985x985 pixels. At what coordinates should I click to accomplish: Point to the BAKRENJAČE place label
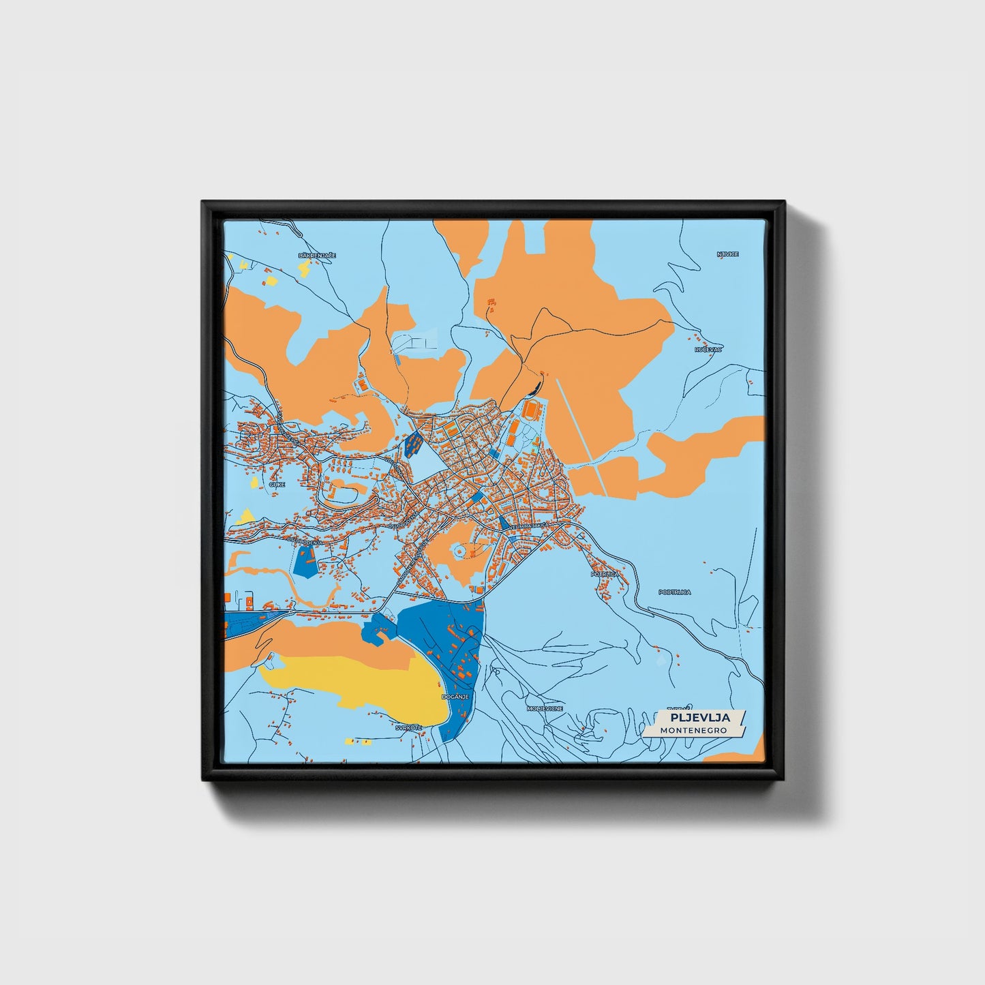pos(318,255)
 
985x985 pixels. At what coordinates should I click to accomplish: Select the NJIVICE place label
pos(727,254)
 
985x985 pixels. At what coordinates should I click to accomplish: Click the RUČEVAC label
pos(708,349)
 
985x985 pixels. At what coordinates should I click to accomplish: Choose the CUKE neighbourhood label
pos(277,484)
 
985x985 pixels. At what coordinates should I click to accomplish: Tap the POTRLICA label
pos(605,575)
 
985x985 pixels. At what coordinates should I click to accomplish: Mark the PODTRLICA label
pos(674,592)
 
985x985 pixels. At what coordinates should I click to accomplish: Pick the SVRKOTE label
pos(409,727)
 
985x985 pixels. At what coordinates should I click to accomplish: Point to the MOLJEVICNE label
pos(545,709)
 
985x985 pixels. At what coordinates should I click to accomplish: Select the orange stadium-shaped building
pos(531,411)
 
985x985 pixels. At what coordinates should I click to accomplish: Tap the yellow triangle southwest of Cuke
pos(245,516)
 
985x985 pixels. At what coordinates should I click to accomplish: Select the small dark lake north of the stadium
pos(534,389)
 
